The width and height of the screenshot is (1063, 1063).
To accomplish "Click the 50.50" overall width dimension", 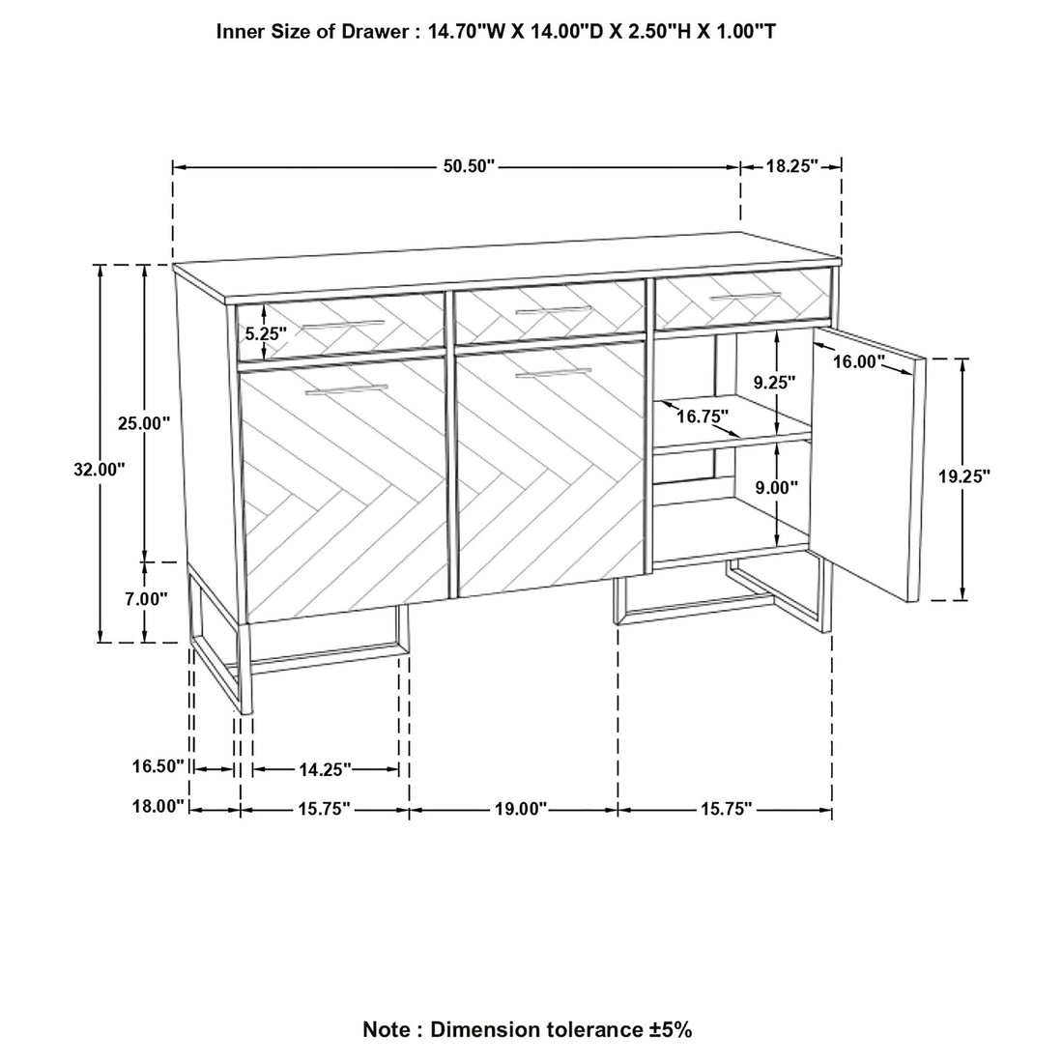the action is (x=470, y=166).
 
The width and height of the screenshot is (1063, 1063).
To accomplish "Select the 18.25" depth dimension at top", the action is (x=792, y=166).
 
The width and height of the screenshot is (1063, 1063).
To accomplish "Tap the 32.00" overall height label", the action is (x=100, y=469).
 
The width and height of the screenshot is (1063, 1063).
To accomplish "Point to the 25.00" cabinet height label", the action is (x=144, y=423).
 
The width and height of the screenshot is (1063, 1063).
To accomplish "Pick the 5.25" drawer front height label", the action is (x=266, y=332).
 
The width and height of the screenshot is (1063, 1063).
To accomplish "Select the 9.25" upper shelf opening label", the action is (x=775, y=383).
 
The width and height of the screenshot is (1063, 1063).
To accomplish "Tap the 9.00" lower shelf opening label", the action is (x=776, y=487).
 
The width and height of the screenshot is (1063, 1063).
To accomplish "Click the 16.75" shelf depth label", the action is (x=703, y=417).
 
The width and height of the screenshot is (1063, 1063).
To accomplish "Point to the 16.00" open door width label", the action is (x=859, y=361).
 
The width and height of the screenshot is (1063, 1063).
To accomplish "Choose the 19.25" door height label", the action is (x=964, y=476).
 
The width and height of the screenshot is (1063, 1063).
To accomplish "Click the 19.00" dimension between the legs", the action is (x=521, y=809).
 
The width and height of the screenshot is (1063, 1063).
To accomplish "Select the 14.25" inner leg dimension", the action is (x=326, y=769).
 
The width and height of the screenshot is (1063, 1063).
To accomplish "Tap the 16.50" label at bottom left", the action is (x=158, y=766).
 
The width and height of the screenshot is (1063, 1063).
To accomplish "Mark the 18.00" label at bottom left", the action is (x=158, y=806).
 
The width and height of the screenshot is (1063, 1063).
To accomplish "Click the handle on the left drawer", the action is (x=343, y=325).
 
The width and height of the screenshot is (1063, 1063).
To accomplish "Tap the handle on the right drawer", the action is (x=745, y=297).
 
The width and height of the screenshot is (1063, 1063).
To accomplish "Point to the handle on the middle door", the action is (x=553, y=373).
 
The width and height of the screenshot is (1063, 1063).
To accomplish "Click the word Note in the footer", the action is (x=388, y=1029).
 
